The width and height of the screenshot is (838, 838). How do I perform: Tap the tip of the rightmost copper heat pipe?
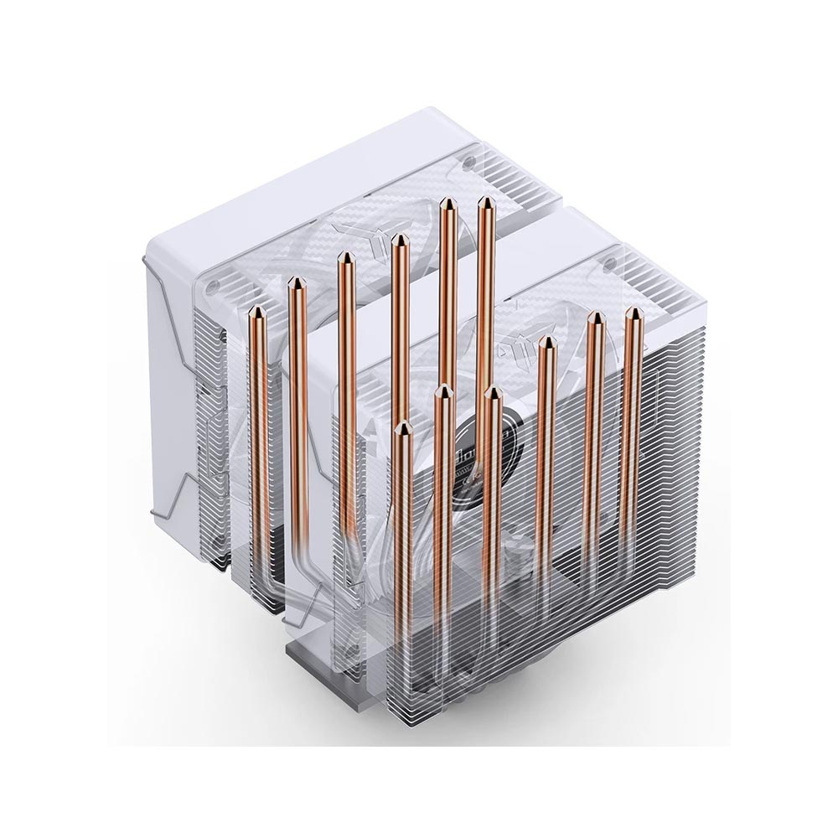[x=634, y=313]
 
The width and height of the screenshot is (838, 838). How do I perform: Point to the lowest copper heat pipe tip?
[x=403, y=427]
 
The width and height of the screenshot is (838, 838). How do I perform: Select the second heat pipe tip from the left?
[x=294, y=283]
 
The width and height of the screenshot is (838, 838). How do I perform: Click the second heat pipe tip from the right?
[x=595, y=318]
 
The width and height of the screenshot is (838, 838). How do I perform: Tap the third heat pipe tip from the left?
[x=344, y=257]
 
